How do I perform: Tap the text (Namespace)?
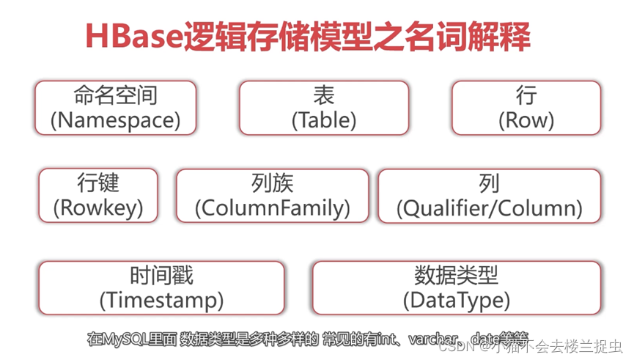[115, 120]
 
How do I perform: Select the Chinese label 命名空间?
[115, 95]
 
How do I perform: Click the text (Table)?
[323, 120]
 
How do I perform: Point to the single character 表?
[323, 95]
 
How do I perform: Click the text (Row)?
[526, 120]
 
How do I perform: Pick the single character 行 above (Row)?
[526, 95]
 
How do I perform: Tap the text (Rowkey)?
[97, 208]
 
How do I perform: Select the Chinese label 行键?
[97, 183]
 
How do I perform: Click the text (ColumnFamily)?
[272, 208]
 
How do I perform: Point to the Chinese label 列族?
[272, 183]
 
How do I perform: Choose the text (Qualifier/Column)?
[489, 208]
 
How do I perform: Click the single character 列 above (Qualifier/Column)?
[489, 183]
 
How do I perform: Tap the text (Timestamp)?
[161, 300]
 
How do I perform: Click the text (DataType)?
[456, 300]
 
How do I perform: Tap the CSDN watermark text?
[455, 346]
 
